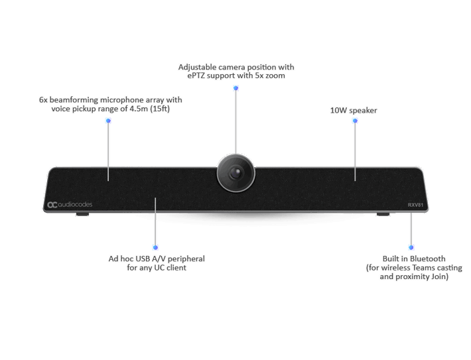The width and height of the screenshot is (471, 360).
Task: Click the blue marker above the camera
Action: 235,87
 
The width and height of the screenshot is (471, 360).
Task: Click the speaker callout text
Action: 354,110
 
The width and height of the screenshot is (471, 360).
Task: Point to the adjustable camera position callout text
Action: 235,72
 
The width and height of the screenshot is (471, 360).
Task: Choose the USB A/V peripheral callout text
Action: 156,263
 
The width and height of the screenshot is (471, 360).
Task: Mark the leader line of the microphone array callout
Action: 109,149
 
